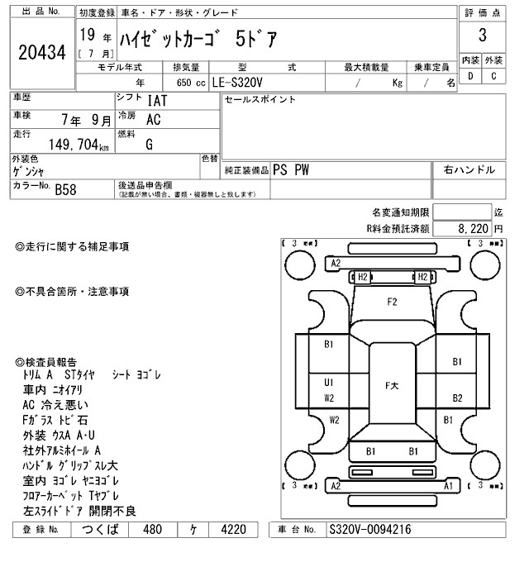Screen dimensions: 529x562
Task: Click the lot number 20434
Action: point(42,53)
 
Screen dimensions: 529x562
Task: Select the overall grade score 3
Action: point(482,36)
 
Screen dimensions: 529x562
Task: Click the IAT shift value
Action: point(155,102)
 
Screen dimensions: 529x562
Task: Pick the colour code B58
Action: point(67,190)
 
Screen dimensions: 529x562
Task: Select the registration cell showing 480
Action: point(152,530)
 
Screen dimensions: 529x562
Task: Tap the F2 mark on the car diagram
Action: point(392,302)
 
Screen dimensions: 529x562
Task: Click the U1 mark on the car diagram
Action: point(329,383)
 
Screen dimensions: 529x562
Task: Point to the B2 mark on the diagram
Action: point(457,398)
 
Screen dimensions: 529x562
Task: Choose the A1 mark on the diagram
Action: point(447,487)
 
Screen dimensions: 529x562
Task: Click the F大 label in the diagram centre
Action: point(393,386)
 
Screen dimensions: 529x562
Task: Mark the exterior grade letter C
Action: point(493,76)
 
